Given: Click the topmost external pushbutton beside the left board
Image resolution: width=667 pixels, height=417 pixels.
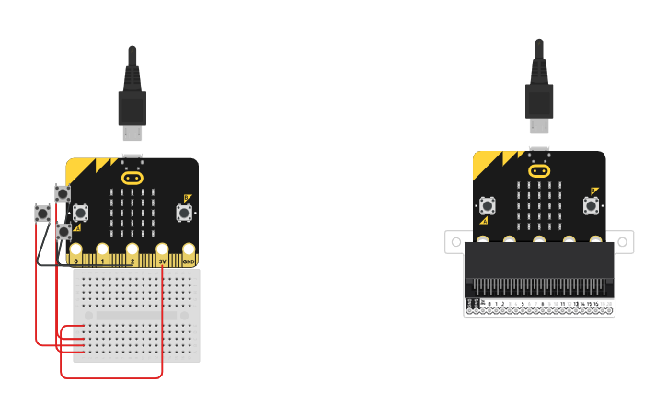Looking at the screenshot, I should (62, 193).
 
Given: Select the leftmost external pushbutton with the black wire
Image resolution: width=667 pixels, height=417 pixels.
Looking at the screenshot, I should (42, 214).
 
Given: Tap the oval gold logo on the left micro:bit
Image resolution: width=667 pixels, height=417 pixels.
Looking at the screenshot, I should (132, 177).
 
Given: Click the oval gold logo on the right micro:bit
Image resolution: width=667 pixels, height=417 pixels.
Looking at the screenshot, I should (539, 170).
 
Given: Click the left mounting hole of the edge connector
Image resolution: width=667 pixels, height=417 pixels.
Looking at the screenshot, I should (454, 242).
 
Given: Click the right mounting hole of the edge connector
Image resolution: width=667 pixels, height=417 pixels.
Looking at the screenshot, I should (624, 242).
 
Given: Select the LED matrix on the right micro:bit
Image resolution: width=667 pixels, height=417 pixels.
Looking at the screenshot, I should (539, 205).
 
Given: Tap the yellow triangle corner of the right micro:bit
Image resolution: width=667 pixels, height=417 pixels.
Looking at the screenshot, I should (485, 164).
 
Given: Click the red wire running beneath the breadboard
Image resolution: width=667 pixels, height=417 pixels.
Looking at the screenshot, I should (110, 377).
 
